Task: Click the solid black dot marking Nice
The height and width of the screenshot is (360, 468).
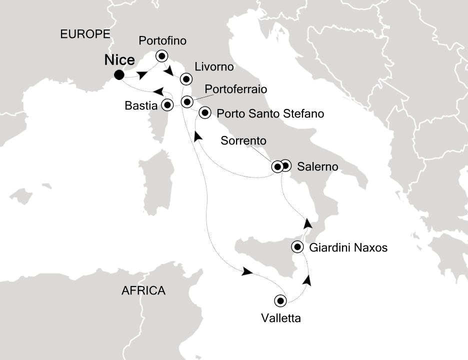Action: pos(119,75)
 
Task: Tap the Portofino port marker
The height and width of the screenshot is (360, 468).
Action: pos(161,56)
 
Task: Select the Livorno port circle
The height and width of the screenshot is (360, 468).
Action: pos(186,78)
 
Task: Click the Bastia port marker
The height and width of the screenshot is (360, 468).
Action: pos(167,105)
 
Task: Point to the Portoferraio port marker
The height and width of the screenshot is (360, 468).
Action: pos(186,102)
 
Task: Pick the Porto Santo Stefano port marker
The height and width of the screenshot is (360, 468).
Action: pos(205,113)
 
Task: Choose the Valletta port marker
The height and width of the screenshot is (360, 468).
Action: pos(280,300)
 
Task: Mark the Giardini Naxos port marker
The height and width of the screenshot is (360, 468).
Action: pos(298,246)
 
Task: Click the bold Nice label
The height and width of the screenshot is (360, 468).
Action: pos(119,60)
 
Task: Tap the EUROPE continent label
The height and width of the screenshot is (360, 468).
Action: pos(84,34)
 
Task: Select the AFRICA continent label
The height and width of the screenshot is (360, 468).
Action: pos(143,290)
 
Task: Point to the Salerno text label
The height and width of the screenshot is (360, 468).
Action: pos(317,166)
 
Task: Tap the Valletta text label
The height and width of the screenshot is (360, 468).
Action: pos(280,318)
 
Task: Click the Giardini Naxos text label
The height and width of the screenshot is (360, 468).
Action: pos(348,247)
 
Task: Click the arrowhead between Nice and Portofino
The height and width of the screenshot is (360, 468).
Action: pos(142,74)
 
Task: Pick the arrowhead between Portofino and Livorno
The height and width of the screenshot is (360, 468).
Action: pos(169,71)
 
